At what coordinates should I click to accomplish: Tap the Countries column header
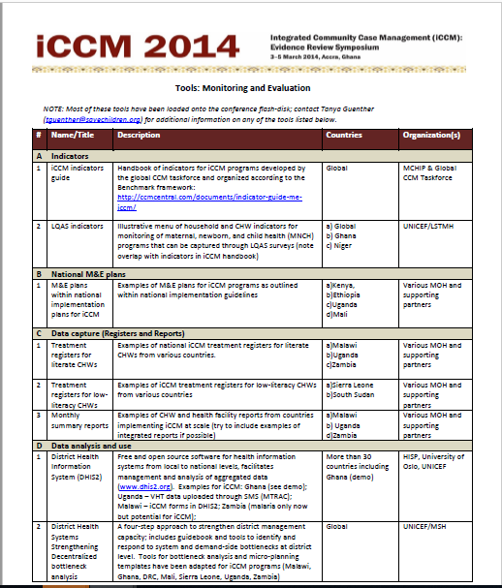click(x=345, y=136)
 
